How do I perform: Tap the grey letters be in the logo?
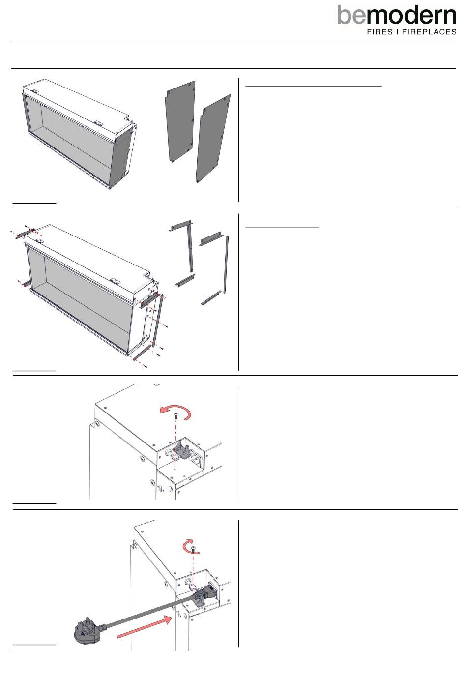click(x=351, y=15)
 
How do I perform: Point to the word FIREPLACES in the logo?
click(x=429, y=32)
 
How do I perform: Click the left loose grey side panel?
click(x=180, y=121)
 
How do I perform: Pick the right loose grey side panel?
click(x=213, y=139)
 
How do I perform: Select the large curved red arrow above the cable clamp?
click(x=176, y=412)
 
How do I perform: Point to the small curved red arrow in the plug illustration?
click(x=190, y=546)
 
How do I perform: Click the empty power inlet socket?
click(x=196, y=457)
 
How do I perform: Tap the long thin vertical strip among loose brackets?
click(x=226, y=264)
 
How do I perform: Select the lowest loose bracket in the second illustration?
click(x=211, y=298)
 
